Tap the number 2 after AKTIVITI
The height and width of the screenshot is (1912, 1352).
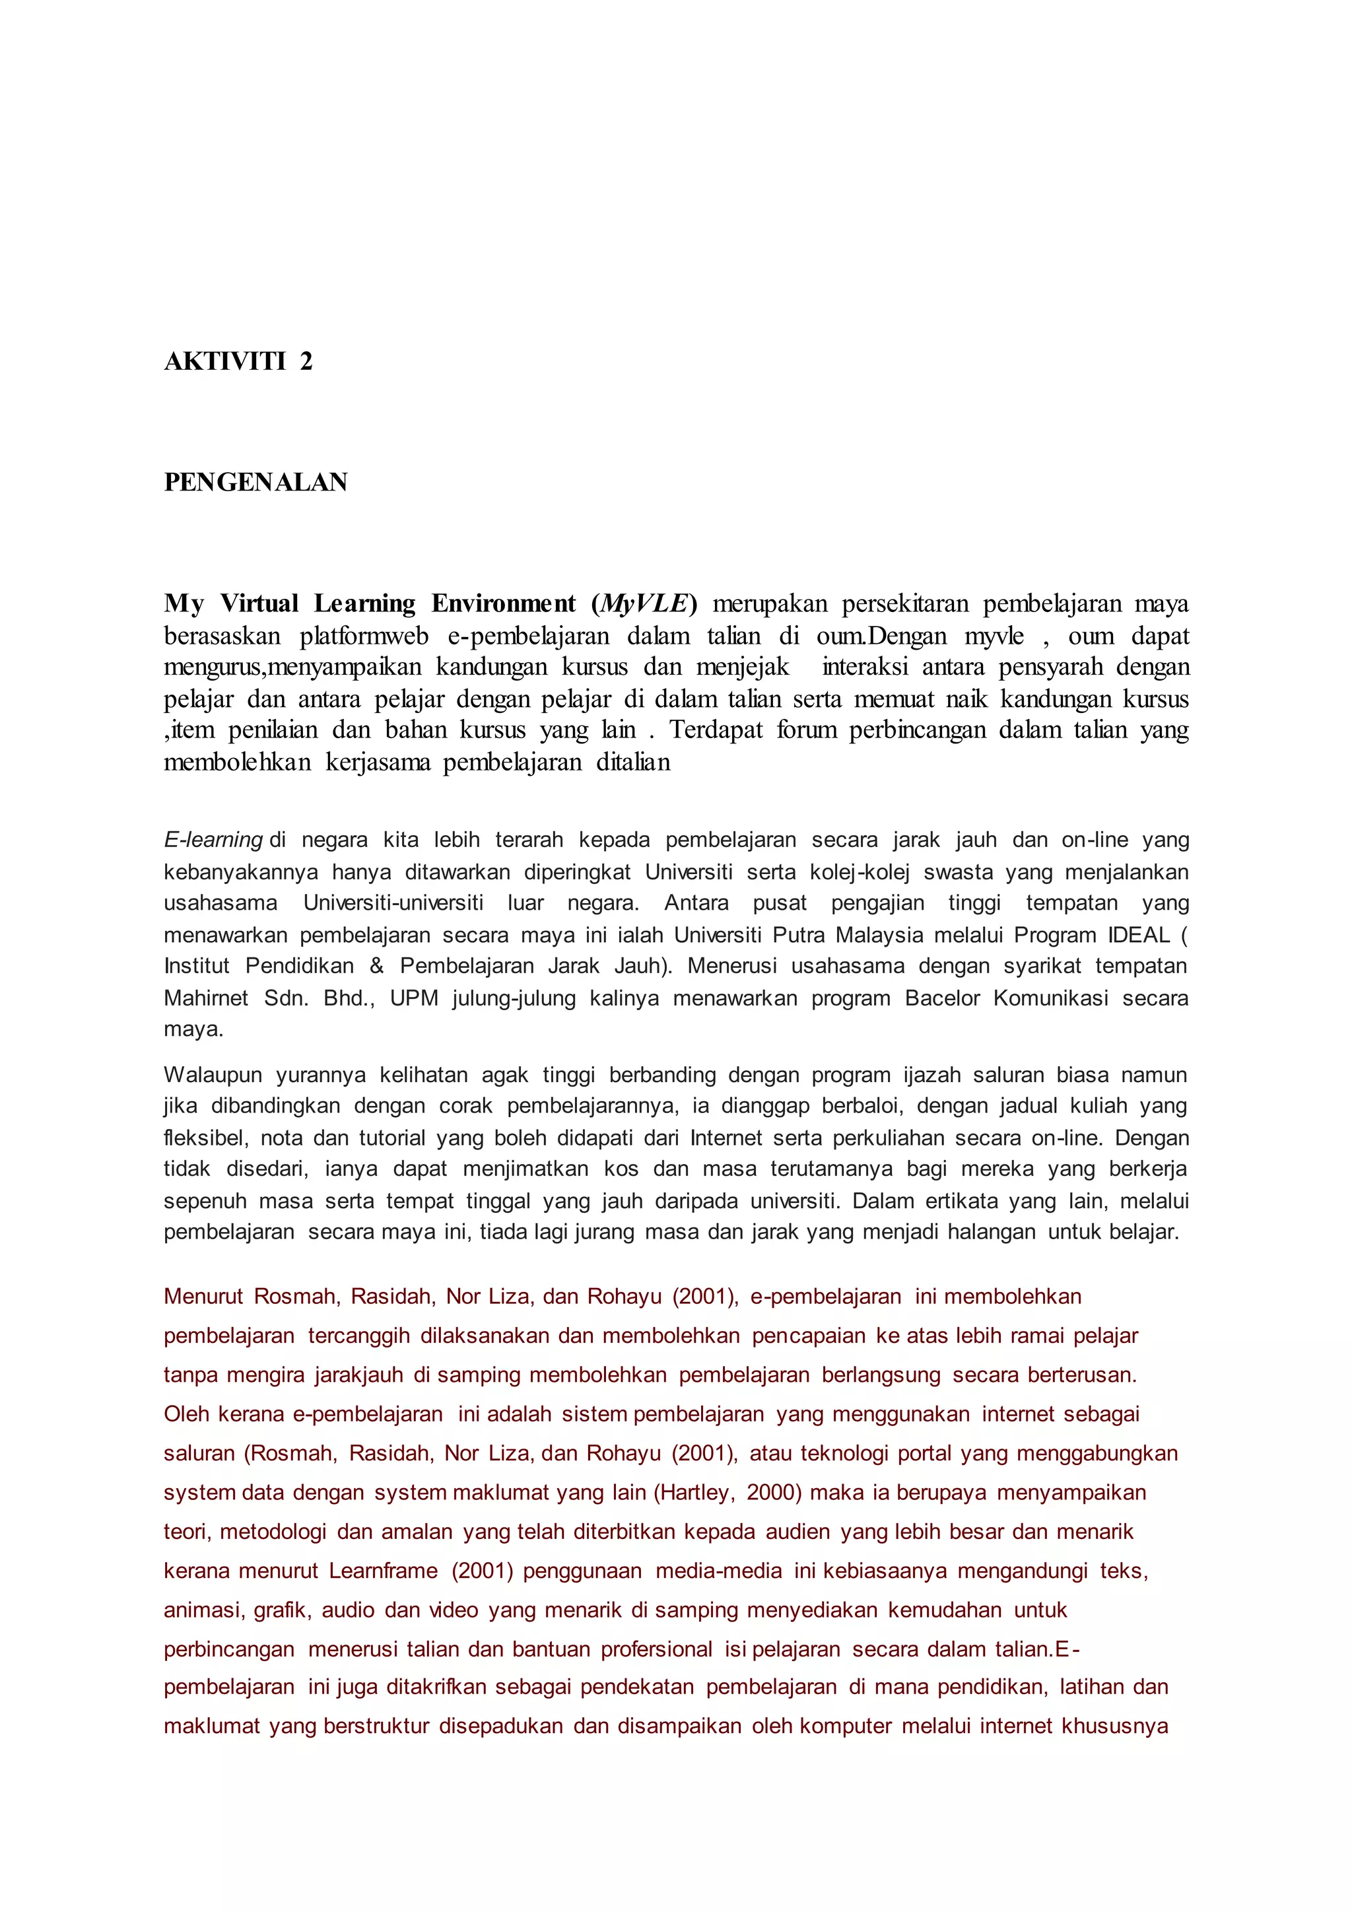pyautogui.click(x=306, y=361)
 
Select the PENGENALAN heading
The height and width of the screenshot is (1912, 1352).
pyautogui.click(x=255, y=482)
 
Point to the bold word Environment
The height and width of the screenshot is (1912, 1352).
pyautogui.click(x=503, y=603)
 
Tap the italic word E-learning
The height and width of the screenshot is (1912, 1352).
pyautogui.click(x=213, y=840)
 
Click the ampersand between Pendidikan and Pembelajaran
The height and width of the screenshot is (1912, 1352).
pyautogui.click(x=376, y=966)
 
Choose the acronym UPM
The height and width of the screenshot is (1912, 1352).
pyautogui.click(x=414, y=998)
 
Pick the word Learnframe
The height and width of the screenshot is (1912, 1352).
pyautogui.click(x=383, y=1571)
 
